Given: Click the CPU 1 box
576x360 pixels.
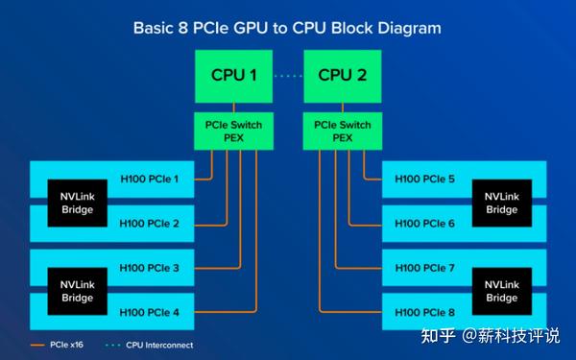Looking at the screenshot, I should pos(232,75).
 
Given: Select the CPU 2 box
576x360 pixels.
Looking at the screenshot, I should pos(342,75).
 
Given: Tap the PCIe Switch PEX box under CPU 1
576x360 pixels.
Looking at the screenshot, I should pos(232,130).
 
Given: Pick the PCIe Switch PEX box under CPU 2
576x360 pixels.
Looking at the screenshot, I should pos(342,130).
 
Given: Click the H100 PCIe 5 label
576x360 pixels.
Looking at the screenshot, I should pos(424,179).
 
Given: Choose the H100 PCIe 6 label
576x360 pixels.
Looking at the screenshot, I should pos(424,224).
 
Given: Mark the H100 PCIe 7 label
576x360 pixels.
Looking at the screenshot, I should pos(424,267).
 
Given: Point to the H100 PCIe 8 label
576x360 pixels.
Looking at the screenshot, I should pos(424,312).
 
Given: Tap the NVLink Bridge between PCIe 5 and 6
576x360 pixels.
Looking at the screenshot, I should pos(501,202).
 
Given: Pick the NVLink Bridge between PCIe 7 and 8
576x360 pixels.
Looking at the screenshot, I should pos(501,290).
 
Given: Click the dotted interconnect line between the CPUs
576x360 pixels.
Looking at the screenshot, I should pos(287,75).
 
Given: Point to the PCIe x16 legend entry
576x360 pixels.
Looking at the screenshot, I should pos(59,344).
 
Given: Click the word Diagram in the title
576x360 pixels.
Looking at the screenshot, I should pos(402,27).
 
